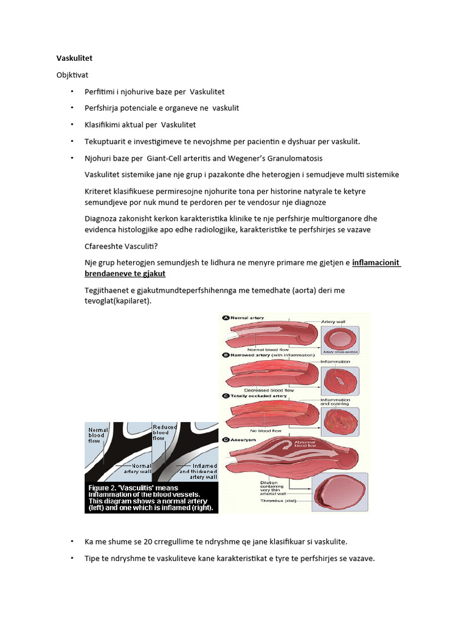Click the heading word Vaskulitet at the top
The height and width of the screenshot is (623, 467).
click(75, 58)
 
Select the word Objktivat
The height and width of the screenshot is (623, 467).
click(73, 75)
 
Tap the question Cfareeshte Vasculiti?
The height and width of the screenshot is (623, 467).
click(121, 246)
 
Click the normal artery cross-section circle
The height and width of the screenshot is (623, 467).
click(339, 339)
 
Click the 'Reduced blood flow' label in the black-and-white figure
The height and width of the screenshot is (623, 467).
click(164, 433)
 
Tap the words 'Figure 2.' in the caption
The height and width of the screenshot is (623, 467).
click(106, 487)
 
